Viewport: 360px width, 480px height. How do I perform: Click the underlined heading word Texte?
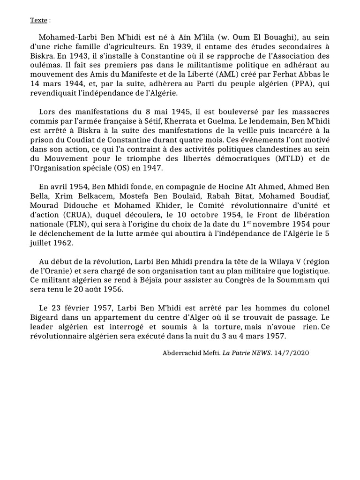(38, 20)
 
